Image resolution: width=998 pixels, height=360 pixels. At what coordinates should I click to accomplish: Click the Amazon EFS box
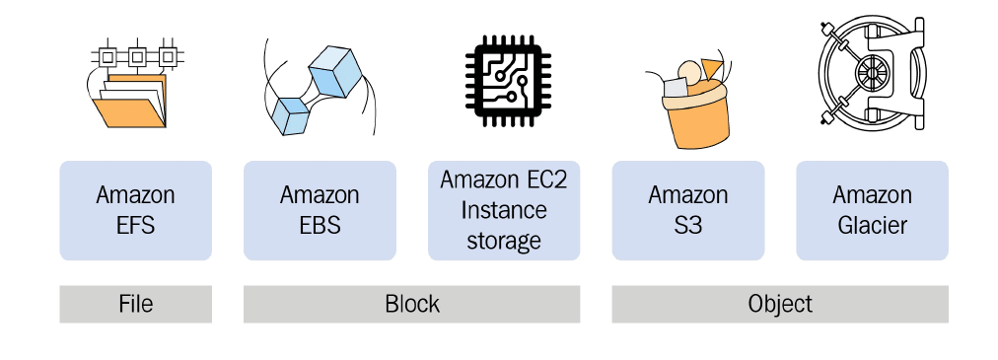(x=135, y=210)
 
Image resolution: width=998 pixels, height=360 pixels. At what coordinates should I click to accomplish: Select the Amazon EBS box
(x=320, y=210)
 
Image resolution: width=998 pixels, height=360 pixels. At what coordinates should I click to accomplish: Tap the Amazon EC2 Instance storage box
(x=504, y=210)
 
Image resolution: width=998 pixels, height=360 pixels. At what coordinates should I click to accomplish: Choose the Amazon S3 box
(x=688, y=210)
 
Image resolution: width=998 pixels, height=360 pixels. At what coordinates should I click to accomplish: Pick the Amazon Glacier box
(x=872, y=210)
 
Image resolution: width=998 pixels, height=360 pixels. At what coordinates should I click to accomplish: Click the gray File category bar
(x=135, y=304)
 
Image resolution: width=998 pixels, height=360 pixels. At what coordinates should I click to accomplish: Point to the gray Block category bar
(x=411, y=304)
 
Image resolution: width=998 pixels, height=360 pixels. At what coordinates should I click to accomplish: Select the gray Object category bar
(x=780, y=304)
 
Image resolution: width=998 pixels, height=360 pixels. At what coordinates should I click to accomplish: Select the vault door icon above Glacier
(x=872, y=74)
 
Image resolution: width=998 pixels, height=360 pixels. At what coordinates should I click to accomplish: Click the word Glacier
(x=872, y=225)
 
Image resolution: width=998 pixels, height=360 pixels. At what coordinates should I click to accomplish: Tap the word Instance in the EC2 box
(x=504, y=210)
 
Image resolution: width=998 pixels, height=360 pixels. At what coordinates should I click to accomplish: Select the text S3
(x=688, y=225)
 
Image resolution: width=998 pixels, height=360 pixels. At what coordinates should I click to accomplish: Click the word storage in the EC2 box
(x=504, y=240)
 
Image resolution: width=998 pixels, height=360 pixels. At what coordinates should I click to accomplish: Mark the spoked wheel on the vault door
(x=868, y=73)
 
